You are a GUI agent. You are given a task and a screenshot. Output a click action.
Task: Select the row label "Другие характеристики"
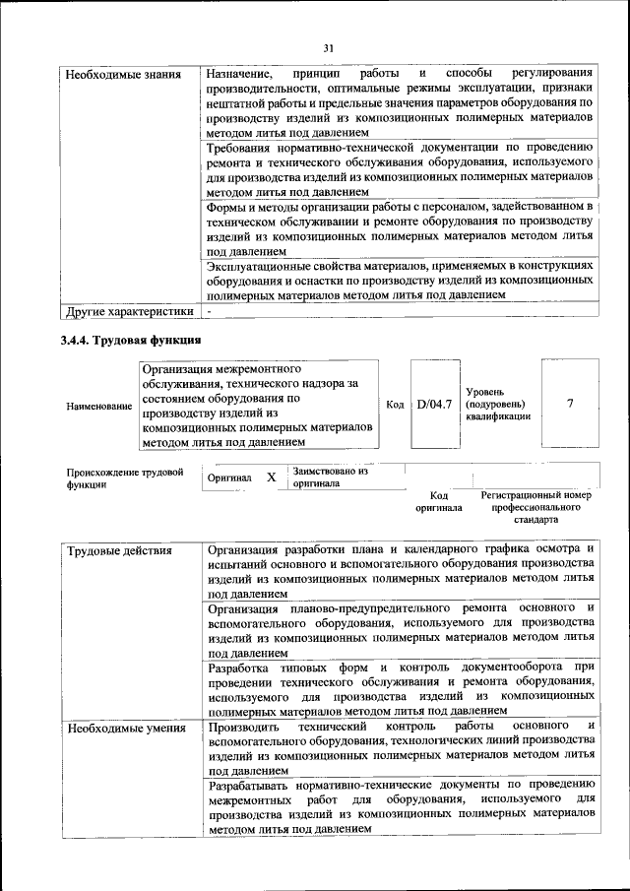coord(128,312)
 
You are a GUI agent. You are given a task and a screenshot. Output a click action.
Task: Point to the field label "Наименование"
coord(97,406)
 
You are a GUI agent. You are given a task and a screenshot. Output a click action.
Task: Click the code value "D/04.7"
coord(434,405)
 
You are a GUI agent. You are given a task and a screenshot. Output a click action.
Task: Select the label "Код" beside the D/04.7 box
coord(396,405)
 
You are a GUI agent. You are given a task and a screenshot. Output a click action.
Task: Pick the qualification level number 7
coord(570,404)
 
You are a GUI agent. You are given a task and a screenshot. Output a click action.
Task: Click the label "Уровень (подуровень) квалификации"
coord(497,404)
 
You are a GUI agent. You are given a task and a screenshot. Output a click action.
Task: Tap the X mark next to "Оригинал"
coord(271,477)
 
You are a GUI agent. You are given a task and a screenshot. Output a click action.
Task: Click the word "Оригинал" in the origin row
coord(229,478)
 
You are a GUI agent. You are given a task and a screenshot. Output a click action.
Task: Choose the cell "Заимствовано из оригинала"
coord(330,477)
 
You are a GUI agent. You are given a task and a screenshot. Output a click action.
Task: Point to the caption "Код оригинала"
coord(439,502)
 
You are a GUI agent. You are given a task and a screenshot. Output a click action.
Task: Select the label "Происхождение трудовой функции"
coord(124,478)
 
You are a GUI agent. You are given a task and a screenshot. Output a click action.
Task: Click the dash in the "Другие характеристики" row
coord(209,312)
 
